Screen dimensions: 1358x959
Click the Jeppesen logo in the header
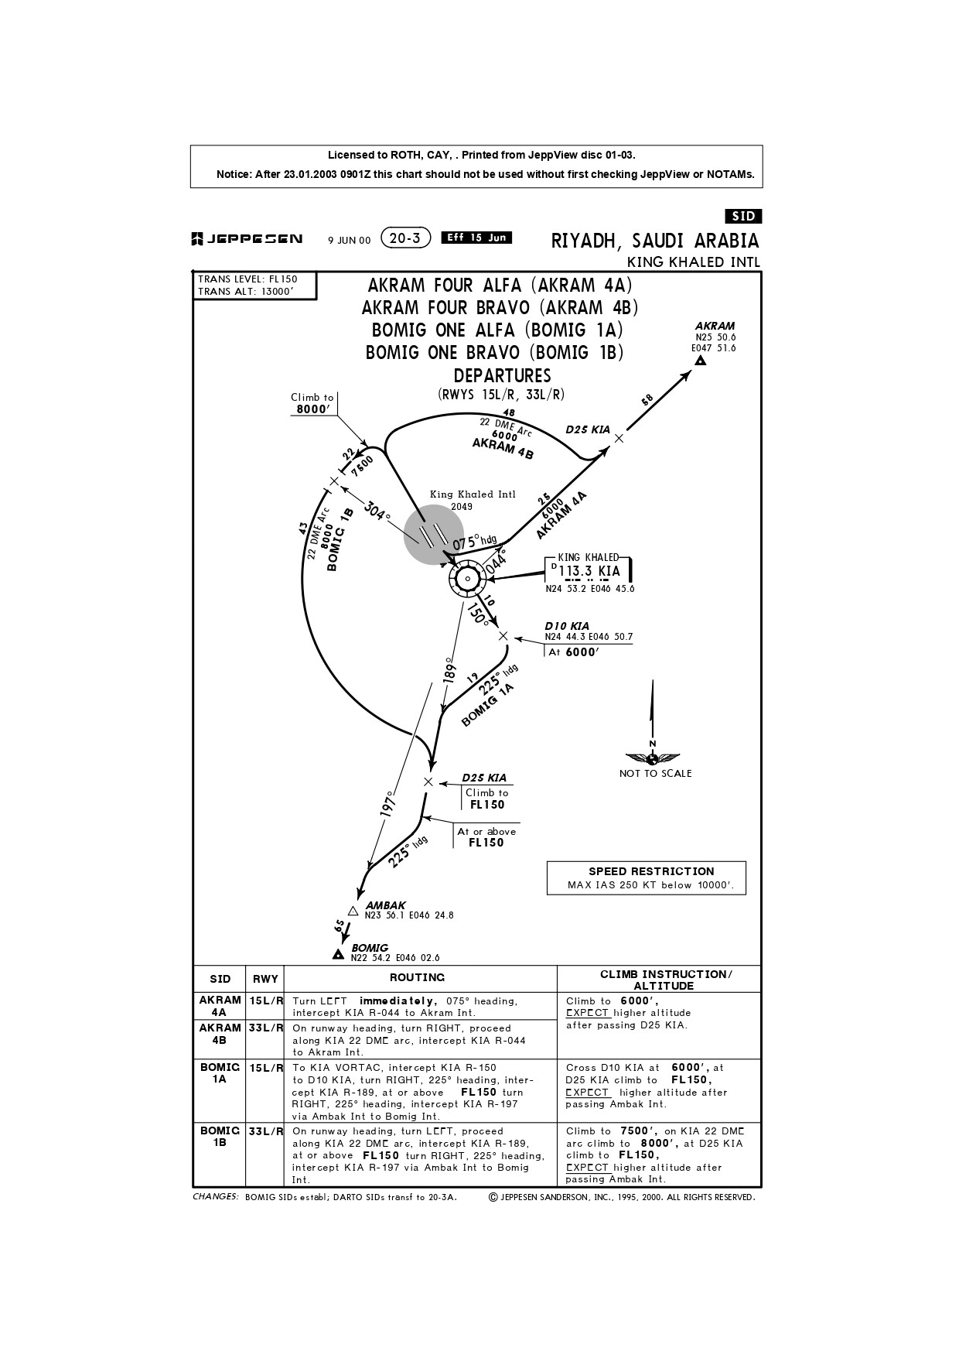tap(247, 240)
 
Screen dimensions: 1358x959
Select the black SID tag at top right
tap(742, 217)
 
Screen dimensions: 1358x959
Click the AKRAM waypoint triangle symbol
tap(701, 361)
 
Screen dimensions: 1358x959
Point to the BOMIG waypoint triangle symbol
tap(338, 955)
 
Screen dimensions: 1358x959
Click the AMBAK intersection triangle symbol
tap(353, 911)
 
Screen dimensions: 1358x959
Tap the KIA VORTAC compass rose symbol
tap(467, 579)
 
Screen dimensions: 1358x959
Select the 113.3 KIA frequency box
tap(590, 571)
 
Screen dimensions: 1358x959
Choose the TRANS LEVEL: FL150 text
tap(247, 279)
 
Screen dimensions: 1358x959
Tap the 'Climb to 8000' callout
tap(312, 404)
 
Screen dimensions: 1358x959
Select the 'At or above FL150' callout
tap(486, 837)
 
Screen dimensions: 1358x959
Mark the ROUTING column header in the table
tap(417, 978)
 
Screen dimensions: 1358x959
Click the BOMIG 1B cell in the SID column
tap(220, 1136)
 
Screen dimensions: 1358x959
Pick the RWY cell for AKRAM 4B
tap(265, 1028)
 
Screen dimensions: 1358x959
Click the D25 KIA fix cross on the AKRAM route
tap(619, 439)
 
